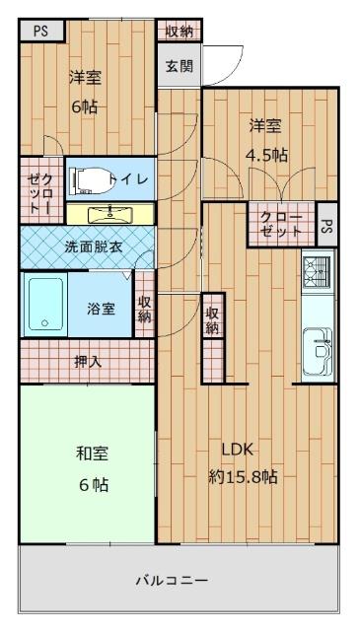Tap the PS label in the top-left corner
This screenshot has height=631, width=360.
tap(40, 31)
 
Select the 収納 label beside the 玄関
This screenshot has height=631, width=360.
tap(180, 31)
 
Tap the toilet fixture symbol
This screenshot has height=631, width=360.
tap(90, 179)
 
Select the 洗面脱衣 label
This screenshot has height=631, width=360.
tap(94, 246)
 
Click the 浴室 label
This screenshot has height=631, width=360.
tap(102, 309)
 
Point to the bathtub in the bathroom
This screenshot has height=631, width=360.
tap(45, 307)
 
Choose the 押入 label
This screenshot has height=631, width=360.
tap(88, 361)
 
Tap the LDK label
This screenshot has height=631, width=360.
tap(238, 450)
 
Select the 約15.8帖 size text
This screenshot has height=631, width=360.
tap(243, 477)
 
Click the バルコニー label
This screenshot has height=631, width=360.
tap(172, 580)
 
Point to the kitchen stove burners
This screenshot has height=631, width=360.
tap(316, 268)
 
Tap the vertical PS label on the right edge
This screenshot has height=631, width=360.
tap(326, 225)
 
